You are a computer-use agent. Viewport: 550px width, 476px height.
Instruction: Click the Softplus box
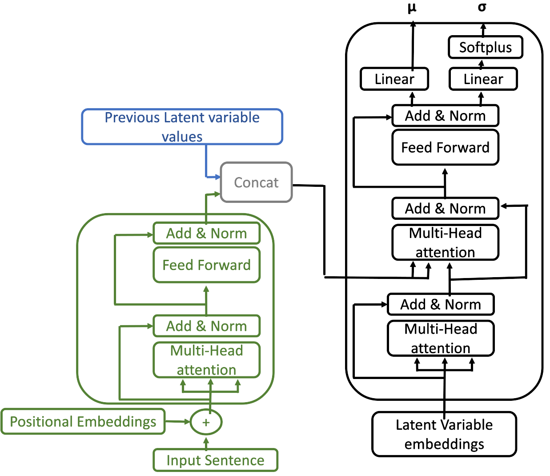(x=486, y=47)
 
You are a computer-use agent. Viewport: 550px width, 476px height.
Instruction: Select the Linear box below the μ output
(x=394, y=79)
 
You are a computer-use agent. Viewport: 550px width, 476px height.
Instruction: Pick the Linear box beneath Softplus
(x=483, y=79)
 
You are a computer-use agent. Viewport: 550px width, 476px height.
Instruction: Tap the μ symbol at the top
(x=412, y=8)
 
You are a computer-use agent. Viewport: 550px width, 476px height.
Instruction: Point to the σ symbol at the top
(x=482, y=7)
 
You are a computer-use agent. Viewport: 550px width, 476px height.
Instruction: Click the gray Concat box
(x=256, y=182)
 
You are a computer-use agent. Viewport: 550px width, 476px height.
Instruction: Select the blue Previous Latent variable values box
(x=182, y=127)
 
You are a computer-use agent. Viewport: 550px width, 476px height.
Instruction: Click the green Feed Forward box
(x=206, y=265)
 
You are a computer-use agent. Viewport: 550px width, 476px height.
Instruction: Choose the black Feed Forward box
(x=445, y=147)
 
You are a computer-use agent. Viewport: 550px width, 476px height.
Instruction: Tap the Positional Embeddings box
(x=83, y=422)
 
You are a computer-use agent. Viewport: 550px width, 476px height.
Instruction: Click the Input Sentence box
(x=216, y=460)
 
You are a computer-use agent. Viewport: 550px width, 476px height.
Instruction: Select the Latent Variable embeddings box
(x=444, y=434)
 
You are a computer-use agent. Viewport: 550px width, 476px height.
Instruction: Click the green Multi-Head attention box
(x=206, y=360)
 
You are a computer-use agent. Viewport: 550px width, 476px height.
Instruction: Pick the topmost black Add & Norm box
(x=445, y=116)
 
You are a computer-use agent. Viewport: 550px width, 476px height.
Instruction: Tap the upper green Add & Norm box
(x=206, y=233)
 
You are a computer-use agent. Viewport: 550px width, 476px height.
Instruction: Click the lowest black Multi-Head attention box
(x=441, y=339)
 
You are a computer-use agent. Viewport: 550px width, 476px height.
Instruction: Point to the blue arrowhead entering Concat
(x=218, y=177)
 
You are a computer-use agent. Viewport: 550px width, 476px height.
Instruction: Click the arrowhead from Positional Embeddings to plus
(x=187, y=422)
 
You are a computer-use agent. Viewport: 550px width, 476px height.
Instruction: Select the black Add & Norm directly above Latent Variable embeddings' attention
(x=441, y=304)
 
